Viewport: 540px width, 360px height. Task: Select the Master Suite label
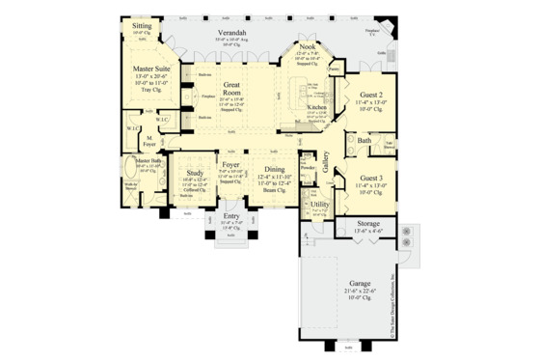pos(151,69)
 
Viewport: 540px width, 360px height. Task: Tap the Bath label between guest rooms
pos(364,141)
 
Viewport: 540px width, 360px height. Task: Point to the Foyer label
pos(230,165)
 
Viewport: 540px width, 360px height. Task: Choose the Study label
pos(195,174)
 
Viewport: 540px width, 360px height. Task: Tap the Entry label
pos(230,218)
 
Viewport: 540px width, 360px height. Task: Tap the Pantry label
pos(333,69)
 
